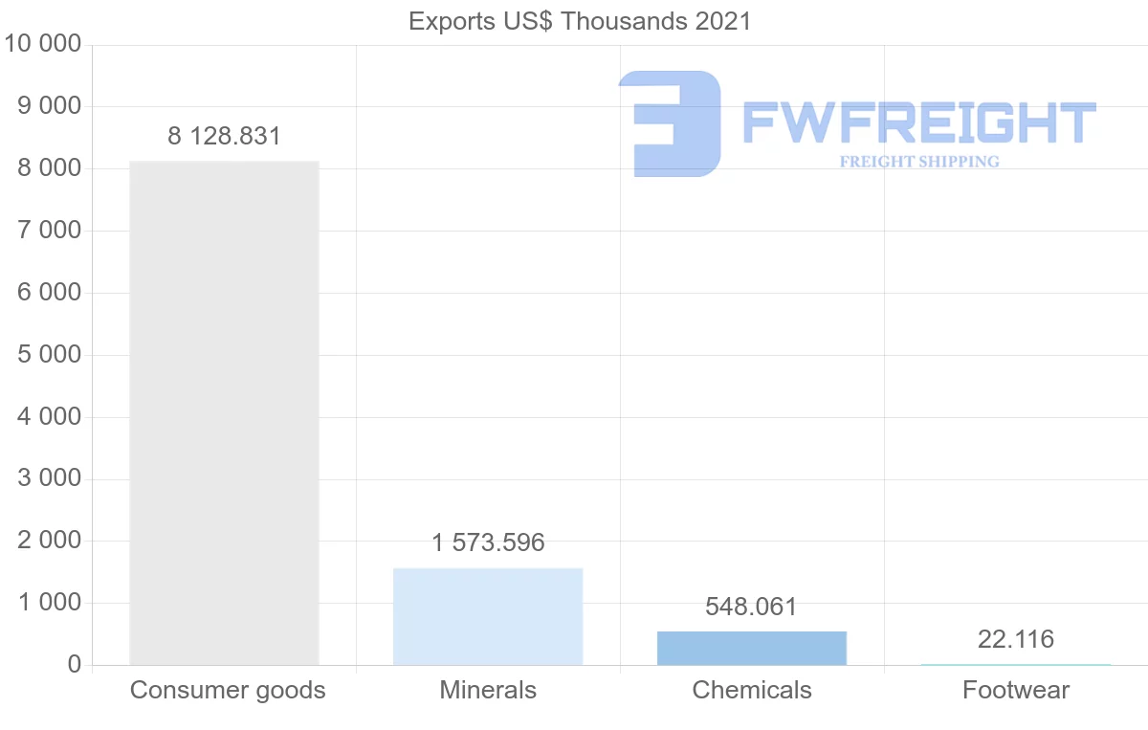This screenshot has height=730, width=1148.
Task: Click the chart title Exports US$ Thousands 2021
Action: click(x=580, y=21)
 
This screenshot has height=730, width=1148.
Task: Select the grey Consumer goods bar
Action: click(x=224, y=412)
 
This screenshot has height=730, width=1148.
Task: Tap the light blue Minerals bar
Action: click(x=488, y=616)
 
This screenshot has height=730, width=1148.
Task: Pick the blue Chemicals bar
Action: click(x=752, y=648)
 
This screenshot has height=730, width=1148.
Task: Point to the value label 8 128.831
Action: click(x=224, y=136)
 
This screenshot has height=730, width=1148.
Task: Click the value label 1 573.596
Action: click(x=488, y=543)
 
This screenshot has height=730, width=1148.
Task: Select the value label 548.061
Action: click(x=751, y=607)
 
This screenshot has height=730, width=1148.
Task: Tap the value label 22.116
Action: click(x=1015, y=639)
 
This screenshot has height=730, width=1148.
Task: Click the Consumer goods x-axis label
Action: click(x=228, y=690)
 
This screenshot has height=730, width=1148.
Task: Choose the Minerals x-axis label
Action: click(x=488, y=690)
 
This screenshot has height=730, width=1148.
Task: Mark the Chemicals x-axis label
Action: click(x=752, y=690)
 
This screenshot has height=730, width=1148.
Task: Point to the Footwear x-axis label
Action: click(x=1016, y=690)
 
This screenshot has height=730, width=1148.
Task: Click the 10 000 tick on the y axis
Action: click(x=42, y=44)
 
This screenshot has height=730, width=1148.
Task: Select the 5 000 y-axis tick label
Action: click(x=50, y=355)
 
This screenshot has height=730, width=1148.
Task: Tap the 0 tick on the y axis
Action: click(x=74, y=665)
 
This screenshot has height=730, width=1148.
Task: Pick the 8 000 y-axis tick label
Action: click(x=50, y=168)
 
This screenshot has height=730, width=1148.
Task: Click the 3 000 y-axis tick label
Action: click(x=50, y=478)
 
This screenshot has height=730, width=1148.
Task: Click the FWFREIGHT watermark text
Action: click(x=918, y=122)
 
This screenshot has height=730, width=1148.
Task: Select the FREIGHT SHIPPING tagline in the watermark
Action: click(x=918, y=162)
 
